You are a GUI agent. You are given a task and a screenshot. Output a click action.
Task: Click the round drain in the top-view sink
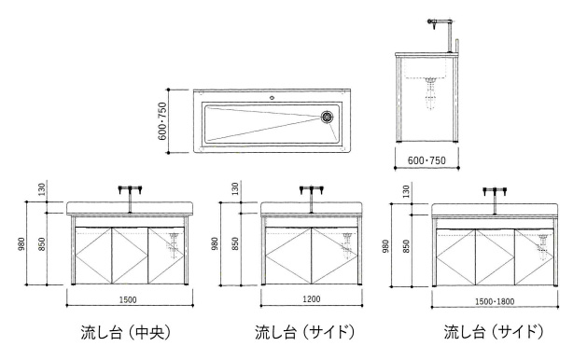[x=327, y=117]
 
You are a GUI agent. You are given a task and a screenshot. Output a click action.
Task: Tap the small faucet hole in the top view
[x=272, y=98]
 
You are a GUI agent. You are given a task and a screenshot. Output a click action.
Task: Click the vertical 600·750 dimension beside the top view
[x=162, y=121]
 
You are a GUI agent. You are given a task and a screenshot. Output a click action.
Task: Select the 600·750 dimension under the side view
[x=426, y=160]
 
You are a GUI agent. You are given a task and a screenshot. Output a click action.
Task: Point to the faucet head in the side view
[x=433, y=22]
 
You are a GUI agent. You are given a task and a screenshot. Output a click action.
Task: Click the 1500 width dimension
[x=128, y=299]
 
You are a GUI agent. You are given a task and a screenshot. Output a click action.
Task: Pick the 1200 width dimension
[x=312, y=299]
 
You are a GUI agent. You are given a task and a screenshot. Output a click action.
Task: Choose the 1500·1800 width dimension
[x=495, y=301]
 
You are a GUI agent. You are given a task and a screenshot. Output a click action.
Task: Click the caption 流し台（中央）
[x=126, y=332]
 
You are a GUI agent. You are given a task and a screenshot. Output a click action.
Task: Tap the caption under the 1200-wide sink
[x=305, y=332]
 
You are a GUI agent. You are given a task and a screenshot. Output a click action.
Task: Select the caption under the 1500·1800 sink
[x=494, y=332]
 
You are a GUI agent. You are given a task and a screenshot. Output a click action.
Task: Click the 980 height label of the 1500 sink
[x=21, y=244]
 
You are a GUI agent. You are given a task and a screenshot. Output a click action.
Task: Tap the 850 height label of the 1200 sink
[x=236, y=244]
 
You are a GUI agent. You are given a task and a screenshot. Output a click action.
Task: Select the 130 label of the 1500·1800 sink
[x=406, y=191]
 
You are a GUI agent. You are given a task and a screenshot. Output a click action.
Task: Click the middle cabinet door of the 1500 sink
[x=130, y=256]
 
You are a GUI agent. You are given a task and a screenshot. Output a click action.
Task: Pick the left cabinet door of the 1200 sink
[x=288, y=256]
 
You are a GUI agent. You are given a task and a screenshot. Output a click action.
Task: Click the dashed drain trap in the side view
[x=431, y=92]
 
